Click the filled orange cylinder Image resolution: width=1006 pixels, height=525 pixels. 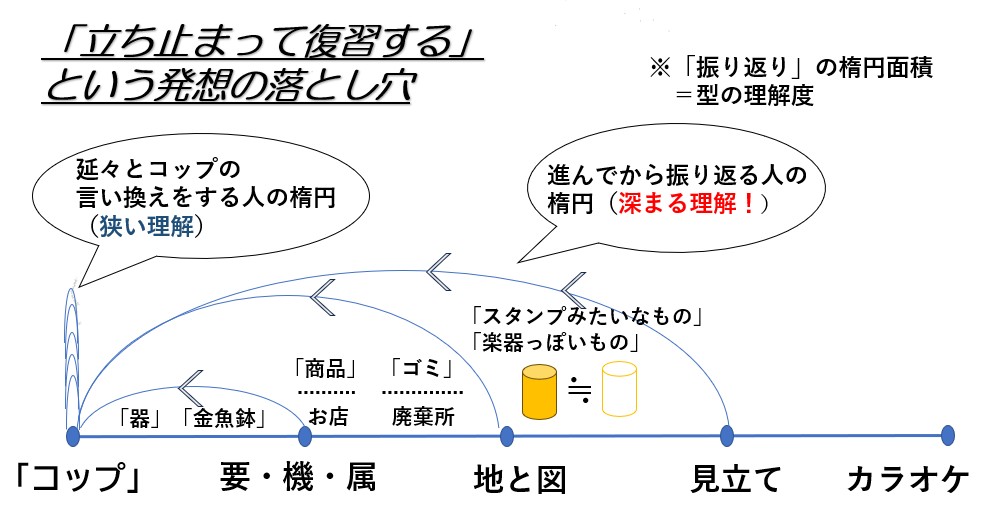tap(540, 390)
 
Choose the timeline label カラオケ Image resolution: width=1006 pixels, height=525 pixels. tap(908, 480)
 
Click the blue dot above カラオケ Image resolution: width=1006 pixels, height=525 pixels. tap(948, 435)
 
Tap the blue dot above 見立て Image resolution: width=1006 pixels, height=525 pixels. tap(727, 435)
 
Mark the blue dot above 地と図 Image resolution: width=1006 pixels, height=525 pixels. tap(506, 435)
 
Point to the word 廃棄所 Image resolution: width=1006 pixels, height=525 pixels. tap(422, 415)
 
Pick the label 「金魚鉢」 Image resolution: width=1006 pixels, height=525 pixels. tap(225, 418)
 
